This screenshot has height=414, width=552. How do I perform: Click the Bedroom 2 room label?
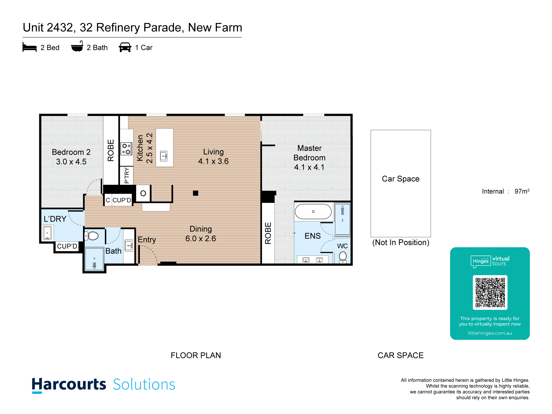[71, 152]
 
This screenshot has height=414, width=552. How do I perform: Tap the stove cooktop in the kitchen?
[126, 149]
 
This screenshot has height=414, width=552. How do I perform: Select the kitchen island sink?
[164, 156]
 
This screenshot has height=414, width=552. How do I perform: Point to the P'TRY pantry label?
[127, 175]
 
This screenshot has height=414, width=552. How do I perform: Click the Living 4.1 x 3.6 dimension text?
[213, 161]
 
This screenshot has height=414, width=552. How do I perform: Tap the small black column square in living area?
[196, 193]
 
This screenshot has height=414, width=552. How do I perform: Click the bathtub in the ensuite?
[313, 212]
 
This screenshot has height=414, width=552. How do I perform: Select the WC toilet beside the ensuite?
[343, 257]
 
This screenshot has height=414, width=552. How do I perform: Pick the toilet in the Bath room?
[92, 236]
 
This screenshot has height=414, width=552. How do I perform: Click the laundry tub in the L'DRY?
[47, 233]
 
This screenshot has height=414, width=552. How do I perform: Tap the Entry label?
[147, 240]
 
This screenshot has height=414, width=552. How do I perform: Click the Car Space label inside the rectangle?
[400, 179]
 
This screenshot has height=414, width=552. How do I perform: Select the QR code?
[490, 293]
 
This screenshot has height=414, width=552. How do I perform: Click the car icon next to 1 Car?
[125, 47]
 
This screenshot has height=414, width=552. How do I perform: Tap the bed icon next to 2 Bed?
[30, 47]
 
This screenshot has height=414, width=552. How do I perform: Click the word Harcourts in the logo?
[69, 384]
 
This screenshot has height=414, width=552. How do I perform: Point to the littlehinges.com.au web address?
[490, 333]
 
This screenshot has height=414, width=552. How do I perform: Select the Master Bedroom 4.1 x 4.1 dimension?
[309, 167]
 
